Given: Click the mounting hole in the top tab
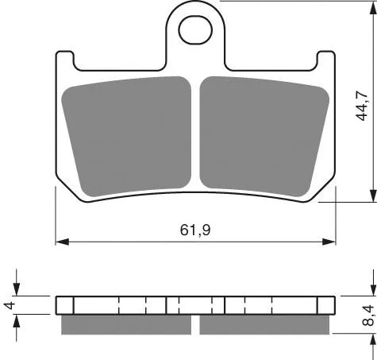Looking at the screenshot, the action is [195, 29].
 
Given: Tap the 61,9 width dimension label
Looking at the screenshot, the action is [195, 230].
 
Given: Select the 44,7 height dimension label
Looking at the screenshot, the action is [362, 106].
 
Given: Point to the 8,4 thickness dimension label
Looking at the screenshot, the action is [368, 315].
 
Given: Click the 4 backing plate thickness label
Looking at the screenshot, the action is [10, 305].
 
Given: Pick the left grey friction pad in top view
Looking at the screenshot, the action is [126, 137].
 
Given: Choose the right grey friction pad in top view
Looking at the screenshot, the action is [264, 137].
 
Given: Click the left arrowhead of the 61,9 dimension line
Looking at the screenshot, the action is [62, 242].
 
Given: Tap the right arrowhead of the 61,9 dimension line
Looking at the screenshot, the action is [329, 242].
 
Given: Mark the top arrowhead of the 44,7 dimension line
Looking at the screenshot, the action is [373, 8].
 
